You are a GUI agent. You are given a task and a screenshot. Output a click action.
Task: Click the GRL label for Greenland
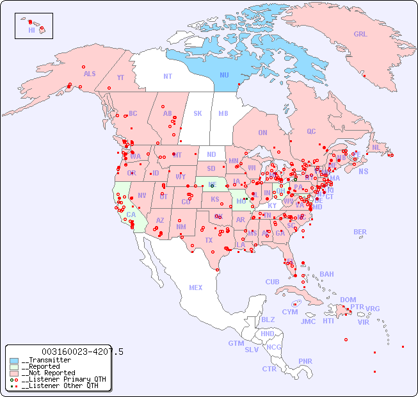pos(360,35)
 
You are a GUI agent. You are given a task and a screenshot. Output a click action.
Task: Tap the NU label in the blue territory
pos(224,75)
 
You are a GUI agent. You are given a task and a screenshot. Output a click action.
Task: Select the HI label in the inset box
pos(31,30)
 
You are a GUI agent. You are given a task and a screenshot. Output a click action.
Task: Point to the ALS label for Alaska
pos(90,74)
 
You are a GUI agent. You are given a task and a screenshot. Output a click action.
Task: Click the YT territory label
pos(120,77)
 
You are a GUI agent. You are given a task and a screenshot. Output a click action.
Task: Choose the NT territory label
pos(167,76)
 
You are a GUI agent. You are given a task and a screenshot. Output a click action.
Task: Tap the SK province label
pos(198,113)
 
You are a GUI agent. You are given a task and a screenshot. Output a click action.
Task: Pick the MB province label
pos(223,113)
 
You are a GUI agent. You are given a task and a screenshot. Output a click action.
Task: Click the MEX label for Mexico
pos(195,288)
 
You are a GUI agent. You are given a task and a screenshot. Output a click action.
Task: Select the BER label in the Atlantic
pos(360,232)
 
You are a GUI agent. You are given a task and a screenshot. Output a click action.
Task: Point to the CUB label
pos(272,282)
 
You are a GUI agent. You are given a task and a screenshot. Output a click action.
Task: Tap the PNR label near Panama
pos(305,361)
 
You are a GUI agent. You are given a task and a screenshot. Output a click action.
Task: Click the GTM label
pos(236,343)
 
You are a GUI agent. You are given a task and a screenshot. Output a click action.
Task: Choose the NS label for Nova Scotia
pos(363,171)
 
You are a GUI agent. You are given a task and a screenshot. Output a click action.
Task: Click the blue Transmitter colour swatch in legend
pos(14,361)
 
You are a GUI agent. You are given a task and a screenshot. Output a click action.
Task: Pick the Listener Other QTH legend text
pos(61,385)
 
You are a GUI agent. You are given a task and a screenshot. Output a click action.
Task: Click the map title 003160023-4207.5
pos(82,352)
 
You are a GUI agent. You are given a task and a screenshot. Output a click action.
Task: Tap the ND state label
pos(211,154)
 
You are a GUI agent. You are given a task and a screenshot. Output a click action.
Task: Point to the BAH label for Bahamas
pos(326,274)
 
